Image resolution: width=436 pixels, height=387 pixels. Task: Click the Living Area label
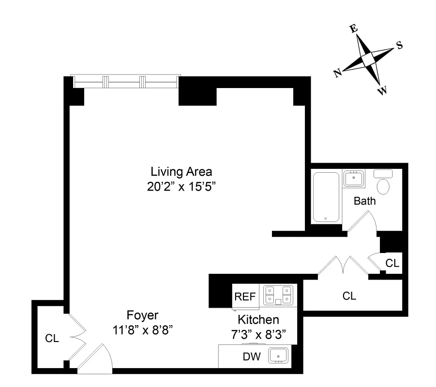(x=181, y=171)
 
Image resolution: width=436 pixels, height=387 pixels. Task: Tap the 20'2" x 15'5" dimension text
(x=181, y=186)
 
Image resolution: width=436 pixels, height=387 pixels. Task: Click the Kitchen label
(x=258, y=320)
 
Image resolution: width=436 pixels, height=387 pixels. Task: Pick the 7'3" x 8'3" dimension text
(x=258, y=334)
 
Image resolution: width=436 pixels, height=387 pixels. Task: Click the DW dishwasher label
(x=251, y=357)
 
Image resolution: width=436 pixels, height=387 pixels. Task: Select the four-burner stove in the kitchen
(x=278, y=295)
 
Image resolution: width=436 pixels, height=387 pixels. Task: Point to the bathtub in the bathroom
(x=326, y=197)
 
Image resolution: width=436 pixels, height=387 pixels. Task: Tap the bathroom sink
(x=354, y=178)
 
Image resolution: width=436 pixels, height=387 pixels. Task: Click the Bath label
(x=364, y=201)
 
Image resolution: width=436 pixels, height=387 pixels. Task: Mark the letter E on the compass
(x=354, y=29)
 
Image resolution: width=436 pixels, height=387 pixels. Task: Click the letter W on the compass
(x=383, y=90)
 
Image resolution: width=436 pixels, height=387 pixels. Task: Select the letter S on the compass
(x=399, y=45)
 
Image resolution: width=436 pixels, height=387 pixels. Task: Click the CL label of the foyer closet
(x=52, y=339)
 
